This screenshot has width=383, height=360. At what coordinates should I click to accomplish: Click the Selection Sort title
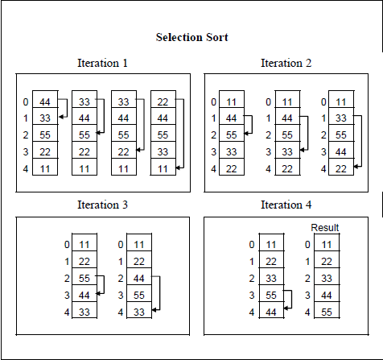(191, 37)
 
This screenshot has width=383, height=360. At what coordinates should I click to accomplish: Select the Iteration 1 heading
(102, 63)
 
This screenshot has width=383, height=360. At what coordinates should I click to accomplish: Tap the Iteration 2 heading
(286, 63)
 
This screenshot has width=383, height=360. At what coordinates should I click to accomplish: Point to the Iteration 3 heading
(102, 205)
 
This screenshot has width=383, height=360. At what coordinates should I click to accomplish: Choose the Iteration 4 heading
(286, 205)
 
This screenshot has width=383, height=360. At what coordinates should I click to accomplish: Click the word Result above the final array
(325, 228)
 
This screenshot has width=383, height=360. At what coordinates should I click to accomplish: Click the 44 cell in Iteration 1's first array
(45, 102)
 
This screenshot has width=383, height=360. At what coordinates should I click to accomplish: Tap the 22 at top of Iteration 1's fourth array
(164, 102)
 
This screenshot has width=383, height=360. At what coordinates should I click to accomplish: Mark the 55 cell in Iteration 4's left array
(271, 295)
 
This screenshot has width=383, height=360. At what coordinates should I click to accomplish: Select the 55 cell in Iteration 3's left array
(84, 278)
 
